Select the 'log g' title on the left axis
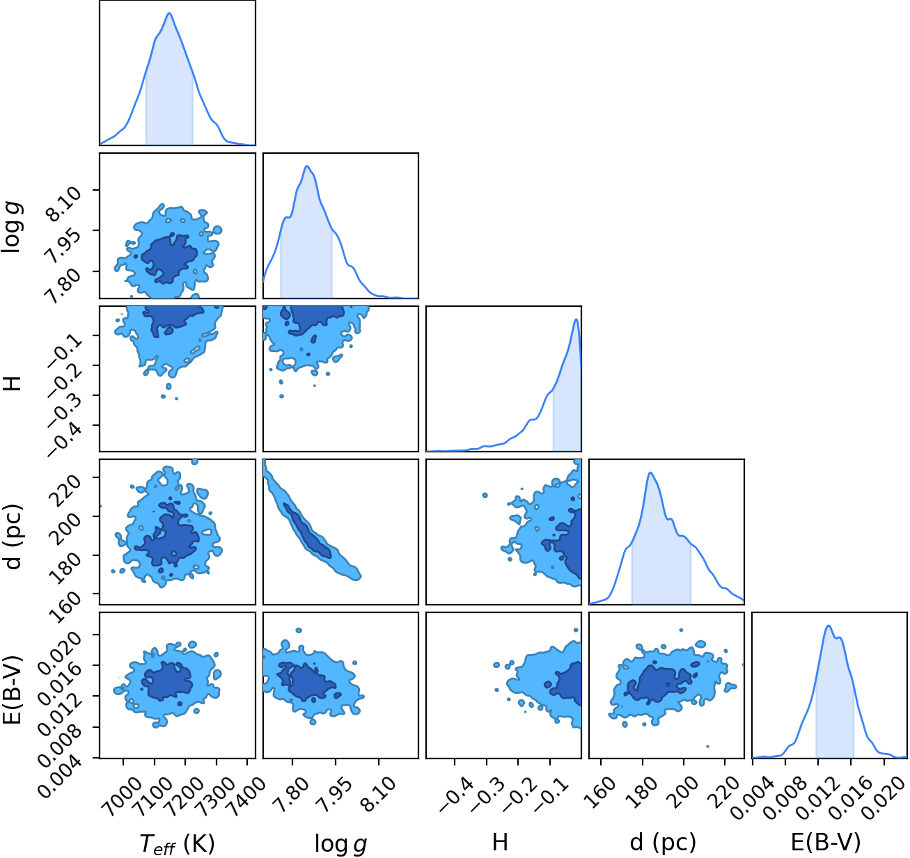coord(12,228)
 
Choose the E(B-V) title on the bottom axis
coord(826,842)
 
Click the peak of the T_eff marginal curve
coord(169,13)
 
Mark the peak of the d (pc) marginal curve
coord(650,472)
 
